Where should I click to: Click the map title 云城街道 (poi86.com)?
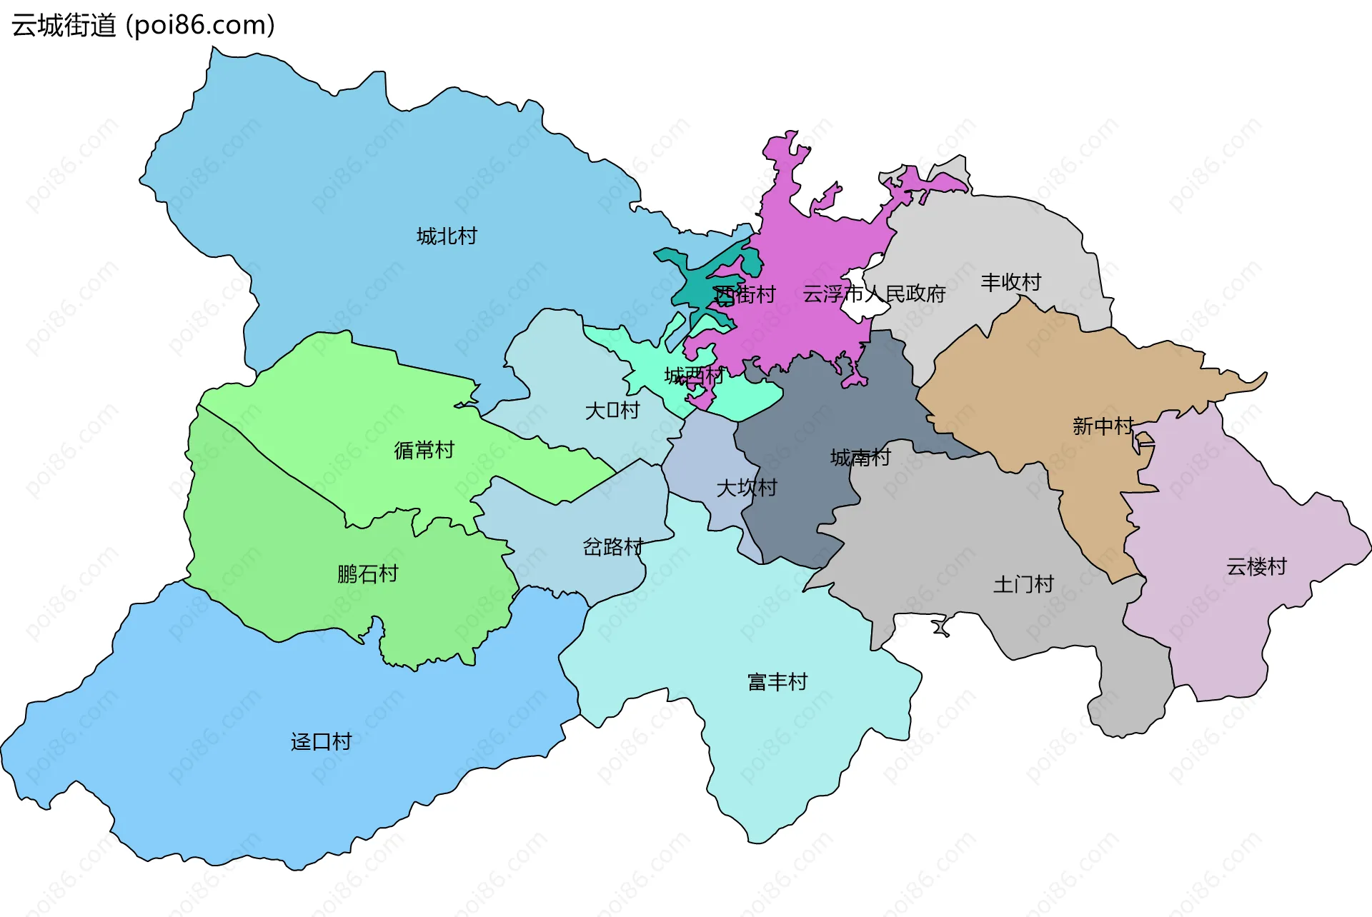(x=143, y=26)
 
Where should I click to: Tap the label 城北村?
(x=447, y=236)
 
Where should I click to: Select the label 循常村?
(x=424, y=451)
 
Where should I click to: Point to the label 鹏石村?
(x=367, y=574)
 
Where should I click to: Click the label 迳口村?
(x=321, y=742)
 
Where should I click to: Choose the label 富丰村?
(x=777, y=682)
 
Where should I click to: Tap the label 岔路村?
(x=612, y=547)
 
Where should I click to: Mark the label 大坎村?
(x=747, y=488)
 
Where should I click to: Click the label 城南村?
(x=860, y=458)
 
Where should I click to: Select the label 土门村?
(x=1023, y=585)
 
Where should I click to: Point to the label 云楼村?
(x=1256, y=567)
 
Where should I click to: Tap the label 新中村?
(x=1103, y=426)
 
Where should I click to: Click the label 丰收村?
(x=1010, y=283)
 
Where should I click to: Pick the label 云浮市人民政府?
(x=874, y=294)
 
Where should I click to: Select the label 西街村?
(x=745, y=294)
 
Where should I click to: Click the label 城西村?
(x=694, y=376)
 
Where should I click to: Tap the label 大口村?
(x=612, y=411)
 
